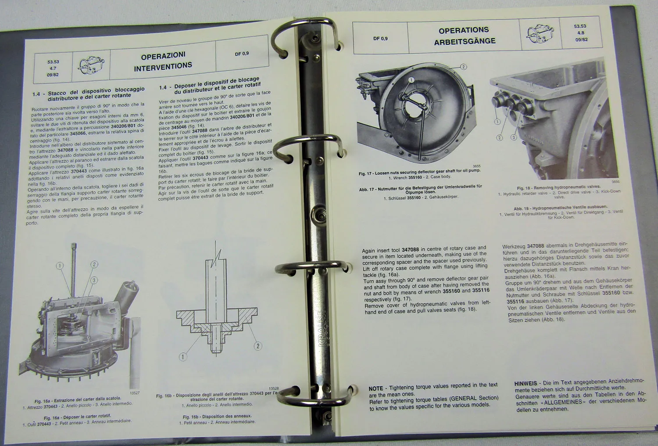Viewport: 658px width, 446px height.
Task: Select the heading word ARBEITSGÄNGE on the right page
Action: pos(465,41)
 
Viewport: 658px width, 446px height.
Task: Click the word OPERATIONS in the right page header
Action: pos(464,30)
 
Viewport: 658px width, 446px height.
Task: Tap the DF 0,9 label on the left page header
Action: pos(242,54)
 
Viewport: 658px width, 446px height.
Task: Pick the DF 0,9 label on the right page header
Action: pos(380,39)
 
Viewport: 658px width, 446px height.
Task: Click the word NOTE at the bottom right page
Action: pos(375,388)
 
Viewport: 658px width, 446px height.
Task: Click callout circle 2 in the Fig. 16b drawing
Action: pos(258,346)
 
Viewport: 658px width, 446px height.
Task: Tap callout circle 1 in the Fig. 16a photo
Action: pos(60,265)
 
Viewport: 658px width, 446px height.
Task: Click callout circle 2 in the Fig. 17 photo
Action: pos(464,67)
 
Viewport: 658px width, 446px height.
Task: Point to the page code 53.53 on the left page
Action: pos(53,62)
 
